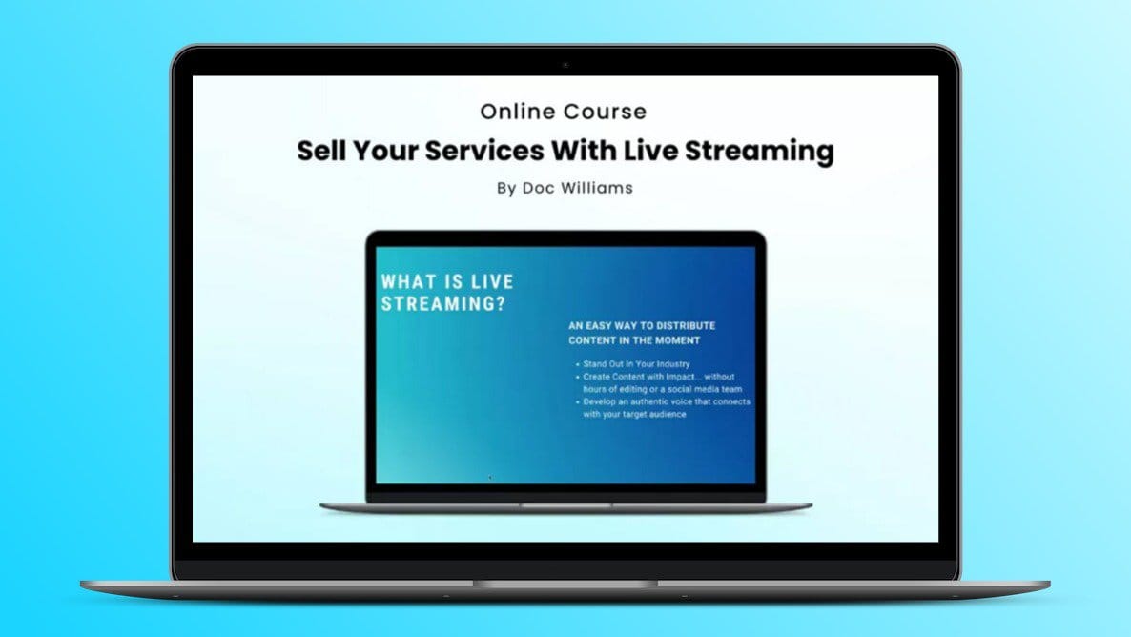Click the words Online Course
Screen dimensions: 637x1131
point(563,112)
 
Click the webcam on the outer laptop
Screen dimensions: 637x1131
point(565,65)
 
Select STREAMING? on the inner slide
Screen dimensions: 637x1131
point(442,305)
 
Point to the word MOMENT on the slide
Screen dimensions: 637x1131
point(674,340)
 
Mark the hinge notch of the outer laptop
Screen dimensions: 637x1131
point(565,584)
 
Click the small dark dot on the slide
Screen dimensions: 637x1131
point(490,477)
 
